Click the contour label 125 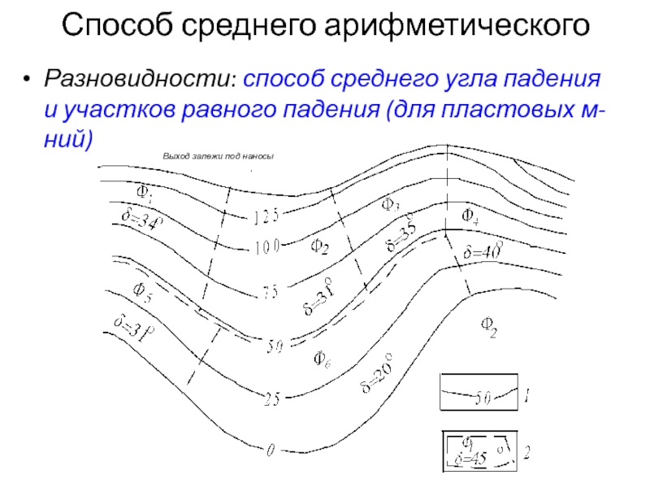pos(266,216)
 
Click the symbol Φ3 pos(390,206)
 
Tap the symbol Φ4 pos(470,216)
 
